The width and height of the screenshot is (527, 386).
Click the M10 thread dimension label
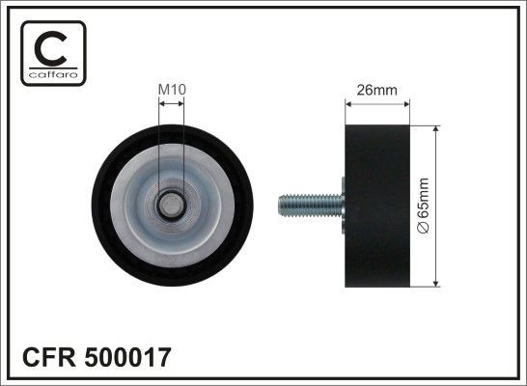tap(171, 90)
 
